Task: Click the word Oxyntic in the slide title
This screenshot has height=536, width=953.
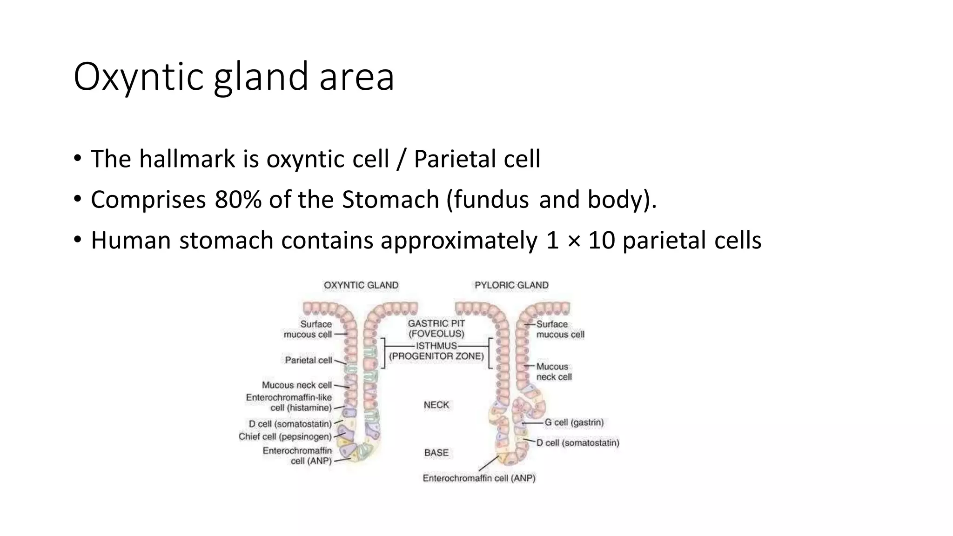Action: [138, 77]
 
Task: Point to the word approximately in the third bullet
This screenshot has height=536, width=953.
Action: [458, 241]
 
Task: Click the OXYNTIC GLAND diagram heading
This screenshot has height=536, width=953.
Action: [361, 285]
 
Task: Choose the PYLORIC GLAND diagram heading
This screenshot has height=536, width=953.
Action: [511, 285]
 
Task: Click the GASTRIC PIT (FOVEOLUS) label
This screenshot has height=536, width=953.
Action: [436, 328]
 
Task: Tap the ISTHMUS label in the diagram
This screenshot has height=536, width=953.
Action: [436, 346]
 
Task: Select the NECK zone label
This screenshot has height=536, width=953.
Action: [436, 405]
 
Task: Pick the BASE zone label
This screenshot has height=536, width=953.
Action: [436, 453]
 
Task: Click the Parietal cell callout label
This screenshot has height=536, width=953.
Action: [309, 360]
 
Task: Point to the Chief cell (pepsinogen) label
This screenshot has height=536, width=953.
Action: [285, 437]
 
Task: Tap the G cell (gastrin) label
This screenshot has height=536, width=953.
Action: [574, 422]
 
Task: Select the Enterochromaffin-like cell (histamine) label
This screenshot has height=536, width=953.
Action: [289, 402]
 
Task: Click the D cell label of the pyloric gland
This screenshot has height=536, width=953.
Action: [577, 443]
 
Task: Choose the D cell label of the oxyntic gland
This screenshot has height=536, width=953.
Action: [290, 424]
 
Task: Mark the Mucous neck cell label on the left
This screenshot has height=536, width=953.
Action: [297, 385]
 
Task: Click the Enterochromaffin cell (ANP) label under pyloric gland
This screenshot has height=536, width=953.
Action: [479, 478]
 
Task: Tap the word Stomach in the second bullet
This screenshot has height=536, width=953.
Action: [390, 200]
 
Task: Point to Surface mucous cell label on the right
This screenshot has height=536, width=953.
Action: [560, 329]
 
